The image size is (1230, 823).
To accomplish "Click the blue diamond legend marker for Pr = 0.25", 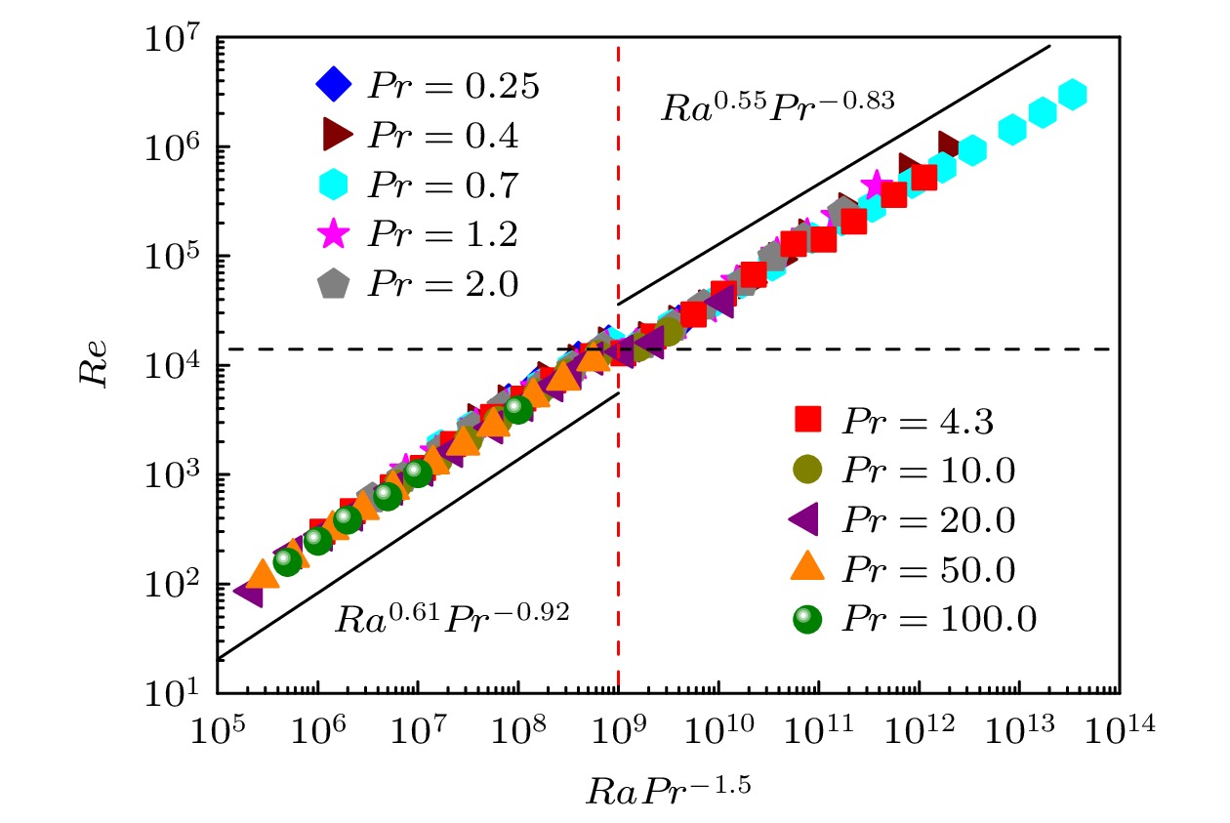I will point(334,85).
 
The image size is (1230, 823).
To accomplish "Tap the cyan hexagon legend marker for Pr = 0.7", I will point(334,185).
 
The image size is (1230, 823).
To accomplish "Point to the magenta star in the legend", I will point(334,233).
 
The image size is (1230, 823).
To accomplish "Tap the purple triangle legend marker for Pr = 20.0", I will point(806,519).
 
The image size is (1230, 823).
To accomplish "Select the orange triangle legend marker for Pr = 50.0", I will point(808,568).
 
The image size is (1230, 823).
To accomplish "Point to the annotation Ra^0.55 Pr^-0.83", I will point(778,104).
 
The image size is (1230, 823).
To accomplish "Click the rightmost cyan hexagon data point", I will point(1072,95).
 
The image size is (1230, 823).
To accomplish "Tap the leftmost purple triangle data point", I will point(250,591).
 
